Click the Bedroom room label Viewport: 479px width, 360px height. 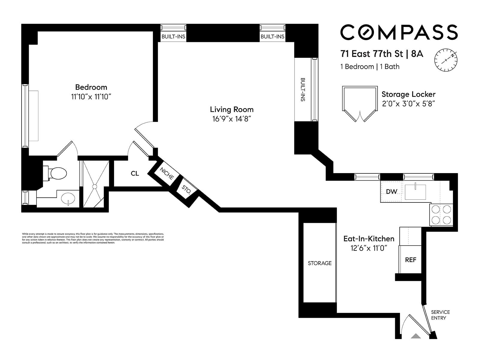pyautogui.click(x=91, y=87)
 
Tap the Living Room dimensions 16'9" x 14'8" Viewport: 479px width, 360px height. pyautogui.click(x=231, y=119)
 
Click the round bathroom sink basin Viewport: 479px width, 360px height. pyautogui.click(x=68, y=198)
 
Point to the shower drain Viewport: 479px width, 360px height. pyautogui.click(x=95, y=187)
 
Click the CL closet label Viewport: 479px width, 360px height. pyautogui.click(x=135, y=173)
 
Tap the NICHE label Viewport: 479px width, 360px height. pyautogui.click(x=166, y=174)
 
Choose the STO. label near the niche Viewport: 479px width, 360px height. pyautogui.click(x=186, y=190)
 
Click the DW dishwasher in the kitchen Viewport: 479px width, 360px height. pyautogui.click(x=391, y=192)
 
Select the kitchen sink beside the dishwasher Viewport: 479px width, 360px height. pyautogui.click(x=415, y=192)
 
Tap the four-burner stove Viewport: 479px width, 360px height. pyautogui.click(x=441, y=214)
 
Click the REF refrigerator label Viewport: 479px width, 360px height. pyautogui.click(x=410, y=260)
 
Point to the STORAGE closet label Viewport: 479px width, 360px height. pyautogui.click(x=319, y=263)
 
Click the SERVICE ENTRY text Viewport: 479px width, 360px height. pyautogui.click(x=440, y=315)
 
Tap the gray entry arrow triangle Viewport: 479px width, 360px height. pyautogui.click(x=416, y=336)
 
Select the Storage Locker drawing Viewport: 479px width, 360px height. pyautogui.click(x=360, y=103)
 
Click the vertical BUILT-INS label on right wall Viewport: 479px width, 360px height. pyautogui.click(x=303, y=90)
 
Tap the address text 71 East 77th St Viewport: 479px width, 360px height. pyautogui.click(x=372, y=54)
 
